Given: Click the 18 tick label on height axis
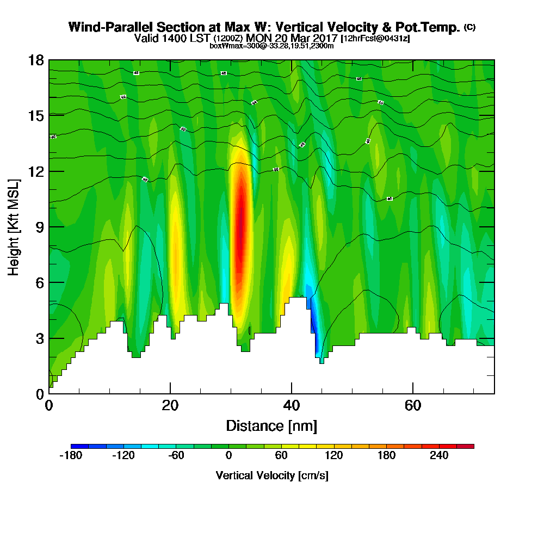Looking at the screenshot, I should pyautogui.click(x=36, y=60).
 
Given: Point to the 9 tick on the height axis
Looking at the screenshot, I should pyautogui.click(x=49, y=227).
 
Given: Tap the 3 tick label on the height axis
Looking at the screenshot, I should pyautogui.click(x=39, y=338).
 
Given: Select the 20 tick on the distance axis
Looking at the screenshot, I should pyautogui.click(x=170, y=393).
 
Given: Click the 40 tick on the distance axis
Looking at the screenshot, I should pyautogui.click(x=292, y=393).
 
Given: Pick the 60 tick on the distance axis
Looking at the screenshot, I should pyautogui.click(x=413, y=393).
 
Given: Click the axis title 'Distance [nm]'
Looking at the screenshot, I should pyautogui.click(x=271, y=425).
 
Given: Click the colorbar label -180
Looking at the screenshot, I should pyautogui.click(x=70, y=456).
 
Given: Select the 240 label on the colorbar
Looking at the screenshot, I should pyautogui.click(x=439, y=456).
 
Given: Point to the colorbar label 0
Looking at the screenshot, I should pyautogui.click(x=229, y=456).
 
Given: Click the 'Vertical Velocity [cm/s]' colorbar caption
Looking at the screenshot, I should pyautogui.click(x=272, y=475).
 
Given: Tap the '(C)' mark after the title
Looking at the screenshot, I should pyautogui.click(x=469, y=27).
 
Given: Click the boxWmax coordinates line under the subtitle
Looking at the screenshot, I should pyautogui.click(x=271, y=46).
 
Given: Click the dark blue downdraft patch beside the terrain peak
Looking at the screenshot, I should pyautogui.click(x=313, y=321).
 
